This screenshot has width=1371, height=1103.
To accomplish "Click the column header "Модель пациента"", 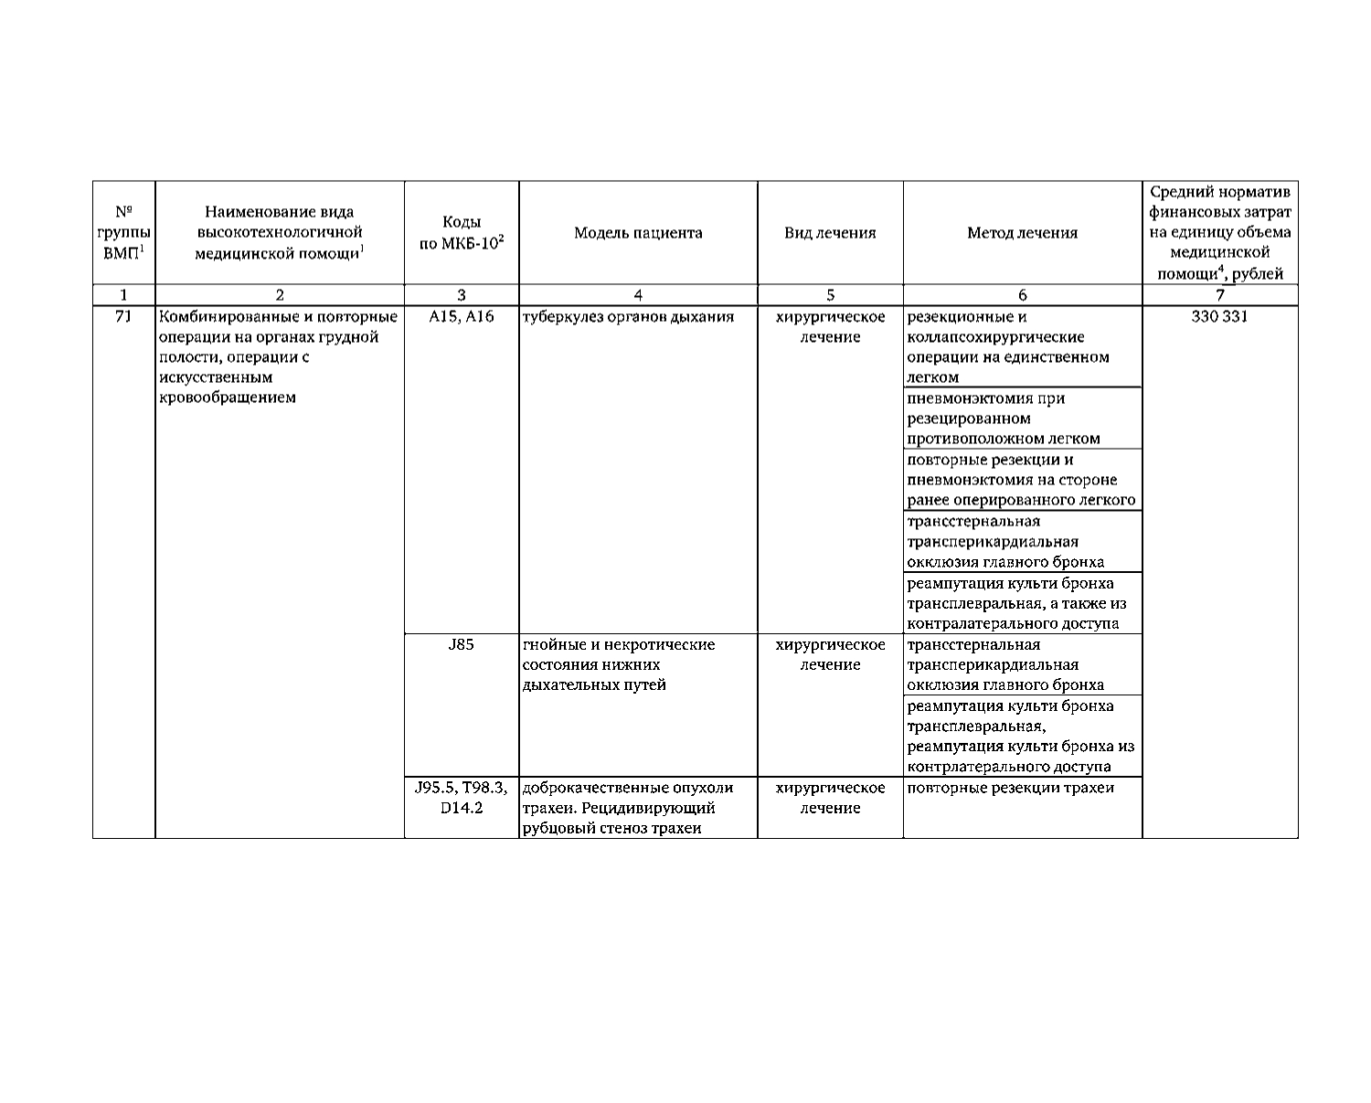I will (x=638, y=233).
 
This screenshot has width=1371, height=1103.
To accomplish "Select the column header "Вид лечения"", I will (x=830, y=233).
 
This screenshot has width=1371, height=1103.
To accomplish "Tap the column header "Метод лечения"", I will (x=1022, y=233).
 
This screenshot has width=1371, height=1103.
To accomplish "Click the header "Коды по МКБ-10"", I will (x=462, y=233).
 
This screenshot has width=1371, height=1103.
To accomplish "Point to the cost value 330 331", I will (x=1219, y=317).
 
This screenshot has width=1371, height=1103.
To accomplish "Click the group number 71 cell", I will (x=123, y=317).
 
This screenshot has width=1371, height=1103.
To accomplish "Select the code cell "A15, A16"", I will (x=462, y=317).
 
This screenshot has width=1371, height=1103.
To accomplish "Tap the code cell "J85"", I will (x=462, y=645).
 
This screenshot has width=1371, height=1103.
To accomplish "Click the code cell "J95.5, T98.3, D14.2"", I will (x=462, y=798).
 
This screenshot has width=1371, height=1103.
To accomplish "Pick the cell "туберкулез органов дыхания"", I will (x=628, y=317).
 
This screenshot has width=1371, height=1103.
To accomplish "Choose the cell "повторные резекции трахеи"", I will (x=1010, y=788).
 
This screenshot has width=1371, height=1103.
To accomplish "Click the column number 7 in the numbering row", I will (x=1219, y=294).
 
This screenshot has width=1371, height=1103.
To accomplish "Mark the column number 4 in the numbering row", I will (x=638, y=294).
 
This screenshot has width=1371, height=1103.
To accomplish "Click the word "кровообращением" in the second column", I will (x=227, y=398).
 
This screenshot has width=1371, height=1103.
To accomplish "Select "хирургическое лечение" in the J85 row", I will (x=830, y=655).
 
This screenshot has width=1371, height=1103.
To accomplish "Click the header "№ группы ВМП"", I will (x=123, y=233).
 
